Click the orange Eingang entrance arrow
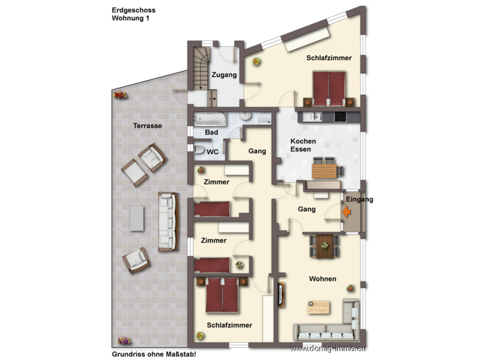click(x=346, y=212)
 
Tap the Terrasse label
click(x=147, y=126)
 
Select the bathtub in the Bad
click(x=210, y=119)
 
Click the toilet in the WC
click(x=199, y=149)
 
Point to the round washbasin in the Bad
click(x=245, y=116)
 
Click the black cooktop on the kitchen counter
click(x=340, y=117)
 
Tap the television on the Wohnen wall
click(x=281, y=294)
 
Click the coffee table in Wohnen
click(x=319, y=307)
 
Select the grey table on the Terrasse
click(x=137, y=218)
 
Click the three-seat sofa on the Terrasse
click(x=168, y=221)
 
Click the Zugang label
click(x=224, y=75)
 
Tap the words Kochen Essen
click(x=303, y=145)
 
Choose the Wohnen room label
click(x=323, y=279)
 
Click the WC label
click(x=212, y=152)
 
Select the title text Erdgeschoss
click(x=134, y=10)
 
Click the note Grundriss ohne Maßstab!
click(x=154, y=354)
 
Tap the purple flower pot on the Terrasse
click(x=124, y=341)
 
